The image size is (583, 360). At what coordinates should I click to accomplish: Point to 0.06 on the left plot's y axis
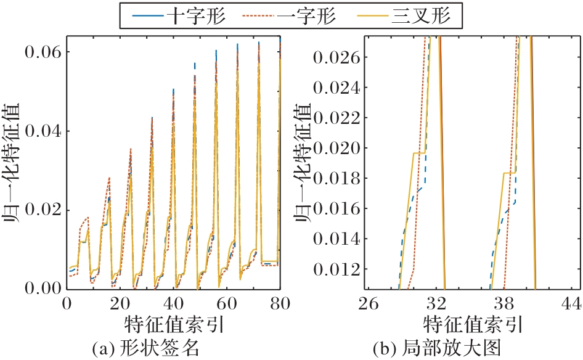pos(41,52)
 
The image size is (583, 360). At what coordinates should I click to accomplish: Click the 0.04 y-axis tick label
pos(41,131)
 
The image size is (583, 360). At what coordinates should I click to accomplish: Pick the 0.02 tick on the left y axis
pos(41,210)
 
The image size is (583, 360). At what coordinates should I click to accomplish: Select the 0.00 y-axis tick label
pos(41,288)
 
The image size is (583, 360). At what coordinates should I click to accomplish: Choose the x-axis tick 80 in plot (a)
pos(280,303)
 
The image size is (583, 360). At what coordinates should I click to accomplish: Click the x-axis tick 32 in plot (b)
pos(436,303)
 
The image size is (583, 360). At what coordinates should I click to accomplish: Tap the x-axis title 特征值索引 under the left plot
pos(173,324)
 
